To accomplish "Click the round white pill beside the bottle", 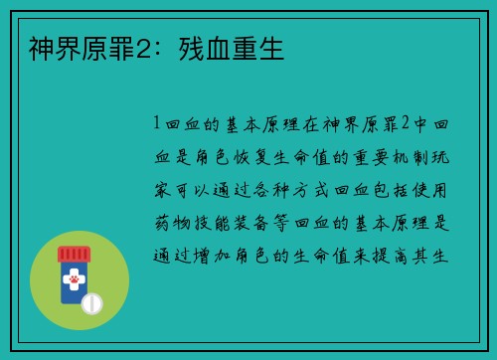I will point(91,301).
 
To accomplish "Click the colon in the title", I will point(159,49).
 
